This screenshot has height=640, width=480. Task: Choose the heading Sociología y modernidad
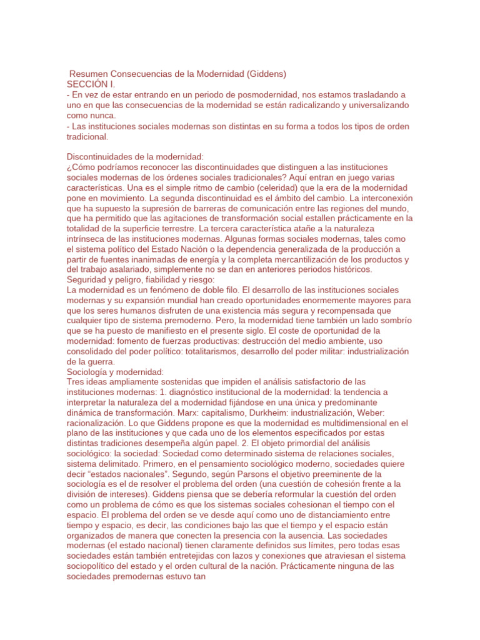(x=114, y=372)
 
